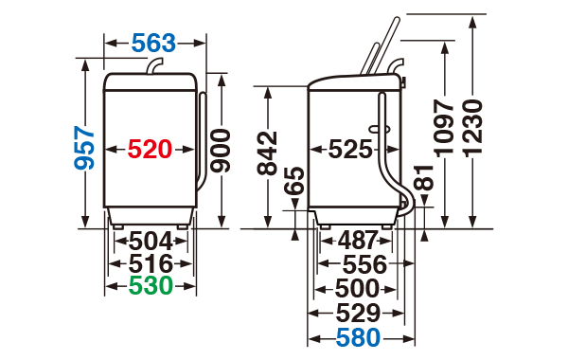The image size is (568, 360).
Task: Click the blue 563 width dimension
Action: click(153, 43)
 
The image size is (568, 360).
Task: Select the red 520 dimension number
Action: click(150, 149)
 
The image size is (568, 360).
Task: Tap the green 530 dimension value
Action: click(151, 286)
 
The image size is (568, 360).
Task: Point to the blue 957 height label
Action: click(84, 148)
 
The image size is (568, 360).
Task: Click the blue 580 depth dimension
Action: click(358, 337)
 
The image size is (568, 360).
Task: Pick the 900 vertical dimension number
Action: click(221, 151)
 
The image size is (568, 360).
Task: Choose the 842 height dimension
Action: click(267, 153)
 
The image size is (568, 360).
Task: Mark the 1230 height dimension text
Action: click(473, 129)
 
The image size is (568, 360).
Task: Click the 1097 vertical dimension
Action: click(444, 129)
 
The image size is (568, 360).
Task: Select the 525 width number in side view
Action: click(350, 149)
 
